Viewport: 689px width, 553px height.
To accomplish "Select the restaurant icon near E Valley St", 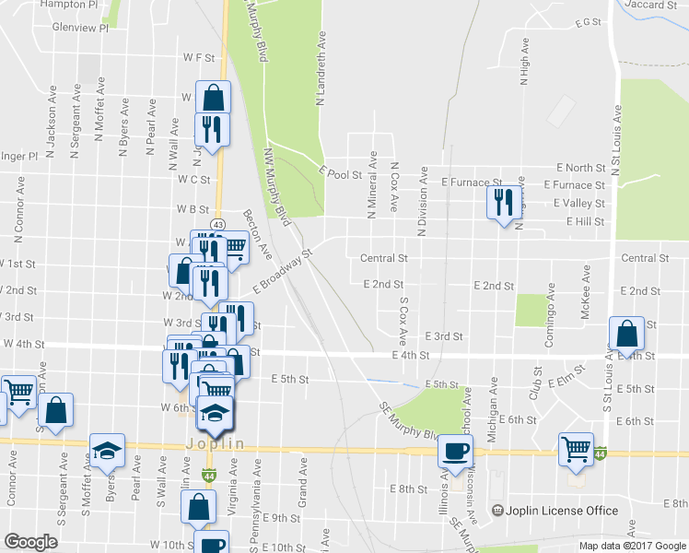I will [503, 202].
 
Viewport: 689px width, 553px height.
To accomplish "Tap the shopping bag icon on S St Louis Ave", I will [626, 334].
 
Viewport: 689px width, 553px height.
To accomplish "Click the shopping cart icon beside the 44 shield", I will [576, 449].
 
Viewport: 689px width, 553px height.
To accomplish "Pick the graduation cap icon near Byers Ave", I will [107, 450].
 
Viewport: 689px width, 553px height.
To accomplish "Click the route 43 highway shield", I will [217, 224].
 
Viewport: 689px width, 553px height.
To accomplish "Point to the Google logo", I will [30, 542].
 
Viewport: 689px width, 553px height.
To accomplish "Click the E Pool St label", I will [340, 171].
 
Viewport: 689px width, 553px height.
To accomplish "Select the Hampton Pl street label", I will [70, 5].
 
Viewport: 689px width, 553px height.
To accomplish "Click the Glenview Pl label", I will [80, 28].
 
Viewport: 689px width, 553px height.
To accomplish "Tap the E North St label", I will [580, 168].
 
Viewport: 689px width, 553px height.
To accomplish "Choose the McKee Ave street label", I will [585, 292].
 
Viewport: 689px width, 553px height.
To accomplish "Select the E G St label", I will [586, 21].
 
